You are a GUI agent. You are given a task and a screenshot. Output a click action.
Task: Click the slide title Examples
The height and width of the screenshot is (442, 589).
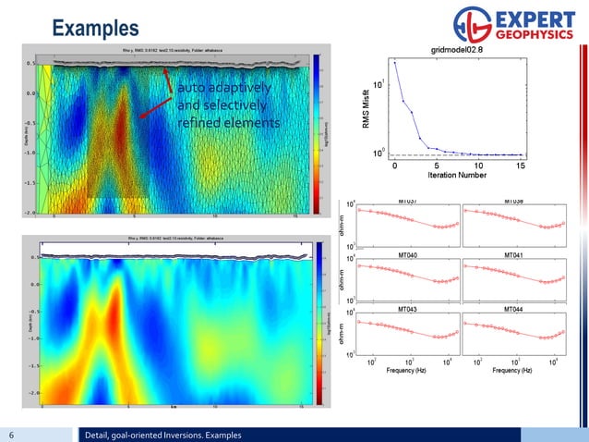pyautogui.click(x=96, y=28)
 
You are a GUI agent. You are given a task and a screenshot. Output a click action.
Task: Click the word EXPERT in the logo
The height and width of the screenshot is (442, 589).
pyautogui.click(x=539, y=18)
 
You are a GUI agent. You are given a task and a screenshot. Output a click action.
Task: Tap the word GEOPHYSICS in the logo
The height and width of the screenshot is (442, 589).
pyautogui.click(x=537, y=35)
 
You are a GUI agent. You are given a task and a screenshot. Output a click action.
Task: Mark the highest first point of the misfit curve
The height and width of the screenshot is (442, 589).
pyautogui.click(x=395, y=62)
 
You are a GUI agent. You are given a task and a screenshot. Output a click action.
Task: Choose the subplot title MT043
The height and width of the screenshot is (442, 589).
pyautogui.click(x=407, y=307)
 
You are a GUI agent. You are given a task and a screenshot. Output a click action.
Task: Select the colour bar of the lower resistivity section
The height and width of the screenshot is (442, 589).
pyautogui.click(x=316, y=324)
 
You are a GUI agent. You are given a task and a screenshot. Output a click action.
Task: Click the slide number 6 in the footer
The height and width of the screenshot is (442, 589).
pyautogui.click(x=11, y=435)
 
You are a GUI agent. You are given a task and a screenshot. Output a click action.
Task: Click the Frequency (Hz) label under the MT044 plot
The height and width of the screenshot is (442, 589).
pyautogui.click(x=514, y=370)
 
